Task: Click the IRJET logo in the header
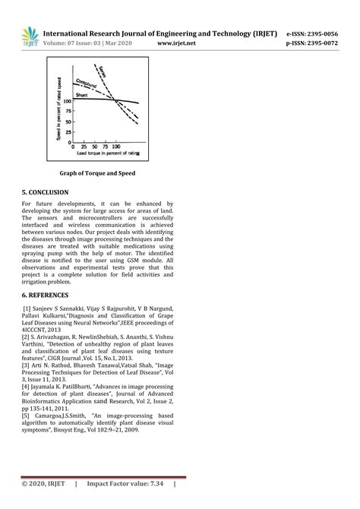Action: pos(30,37)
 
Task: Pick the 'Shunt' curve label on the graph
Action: pos(83,95)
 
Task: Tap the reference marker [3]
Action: pos(26,365)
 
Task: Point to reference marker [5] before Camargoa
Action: pos(26,416)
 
